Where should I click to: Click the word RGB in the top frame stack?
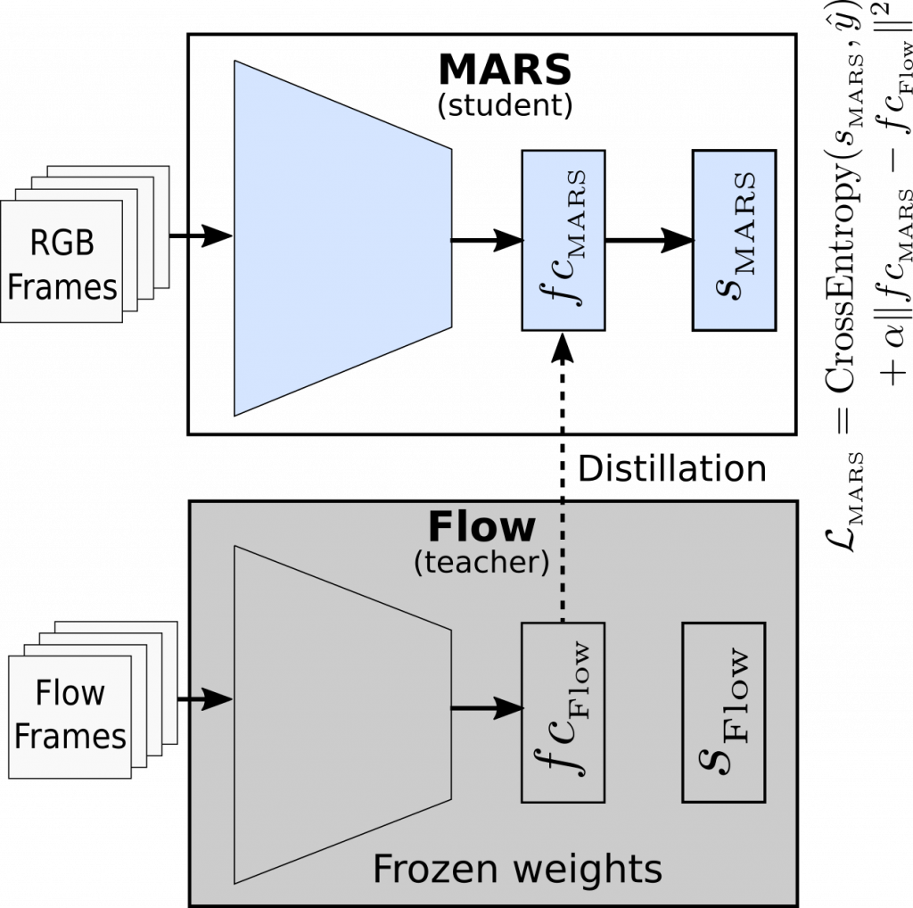(62, 243)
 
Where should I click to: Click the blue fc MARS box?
(563, 240)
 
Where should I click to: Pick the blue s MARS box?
(734, 240)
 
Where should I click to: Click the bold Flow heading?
(481, 527)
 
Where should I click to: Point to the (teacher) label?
(481, 564)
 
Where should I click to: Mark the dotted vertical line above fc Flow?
(563, 562)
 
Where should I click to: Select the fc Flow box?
(563, 712)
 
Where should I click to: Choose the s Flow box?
(723, 712)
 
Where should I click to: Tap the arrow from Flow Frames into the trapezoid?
(210, 700)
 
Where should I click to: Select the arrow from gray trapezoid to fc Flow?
(486, 708)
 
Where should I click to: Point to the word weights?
(585, 868)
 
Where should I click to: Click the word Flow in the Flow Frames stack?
(70, 693)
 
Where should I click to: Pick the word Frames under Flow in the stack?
(70, 737)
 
